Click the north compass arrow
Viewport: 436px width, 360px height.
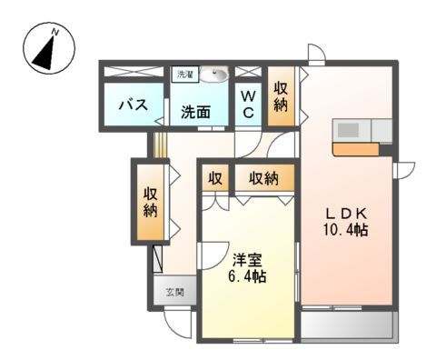coord(46,49)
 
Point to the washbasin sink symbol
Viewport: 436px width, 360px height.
coord(214,75)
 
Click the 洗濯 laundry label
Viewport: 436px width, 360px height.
coord(183,74)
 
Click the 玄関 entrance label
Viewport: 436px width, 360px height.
coord(174,293)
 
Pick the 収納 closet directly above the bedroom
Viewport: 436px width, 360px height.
coord(265,178)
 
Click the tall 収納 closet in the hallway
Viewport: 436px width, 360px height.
coord(149,202)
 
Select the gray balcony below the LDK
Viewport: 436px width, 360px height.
coord(349,325)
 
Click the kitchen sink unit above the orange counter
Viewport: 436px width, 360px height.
coord(362,129)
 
